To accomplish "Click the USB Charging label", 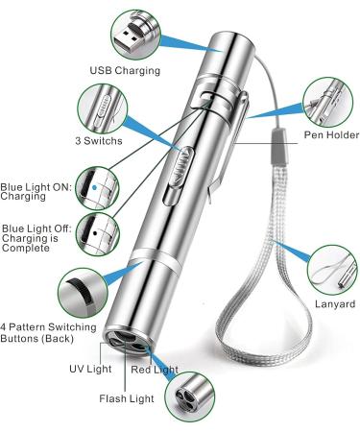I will point(125,70).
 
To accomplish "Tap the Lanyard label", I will point(333,304).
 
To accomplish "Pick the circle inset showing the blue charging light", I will point(100,183).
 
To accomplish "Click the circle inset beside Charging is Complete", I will point(100,229).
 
